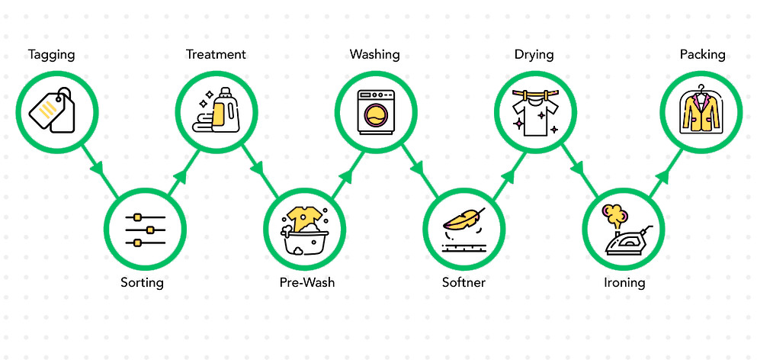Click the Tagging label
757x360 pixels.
[52, 55]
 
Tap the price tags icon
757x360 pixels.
[52, 111]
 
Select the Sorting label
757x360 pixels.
[142, 283]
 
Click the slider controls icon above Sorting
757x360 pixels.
[144, 230]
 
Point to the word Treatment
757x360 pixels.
[216, 55]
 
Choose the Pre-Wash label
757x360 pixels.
[306, 283]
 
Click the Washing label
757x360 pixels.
[374, 55]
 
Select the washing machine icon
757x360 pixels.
[377, 111]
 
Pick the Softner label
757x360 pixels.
[464, 283]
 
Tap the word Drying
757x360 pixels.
[534, 55]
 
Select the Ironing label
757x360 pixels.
[624, 283]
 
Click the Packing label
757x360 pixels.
[702, 55]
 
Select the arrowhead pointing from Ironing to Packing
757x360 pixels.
[662, 177]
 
